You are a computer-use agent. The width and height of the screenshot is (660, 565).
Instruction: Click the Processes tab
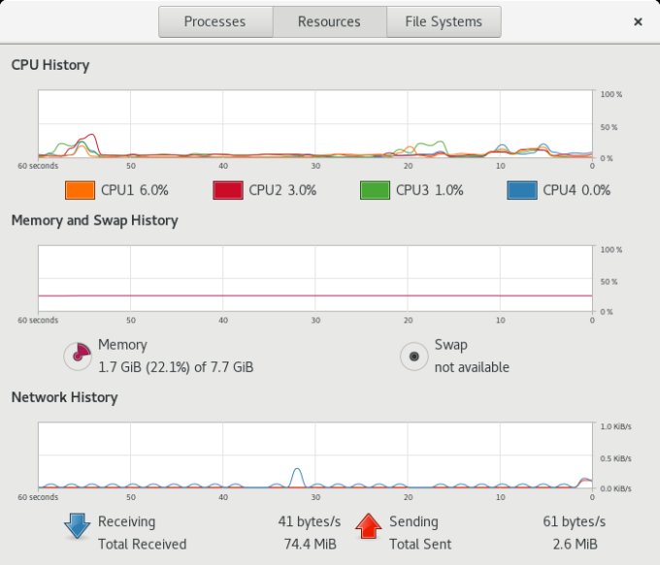point(214,21)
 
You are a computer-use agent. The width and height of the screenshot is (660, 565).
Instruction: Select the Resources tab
point(329,21)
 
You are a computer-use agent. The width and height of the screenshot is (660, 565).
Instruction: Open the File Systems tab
point(444,21)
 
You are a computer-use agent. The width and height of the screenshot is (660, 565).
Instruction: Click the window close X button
point(638,21)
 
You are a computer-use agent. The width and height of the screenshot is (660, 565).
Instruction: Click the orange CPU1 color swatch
point(80,190)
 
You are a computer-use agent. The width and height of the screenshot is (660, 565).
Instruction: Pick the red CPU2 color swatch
point(227,190)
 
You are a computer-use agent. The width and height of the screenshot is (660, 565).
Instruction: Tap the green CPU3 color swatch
point(374,190)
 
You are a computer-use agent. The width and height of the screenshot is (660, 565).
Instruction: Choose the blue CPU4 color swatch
point(521,190)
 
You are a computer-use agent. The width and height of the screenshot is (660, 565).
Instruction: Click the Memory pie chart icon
point(78,356)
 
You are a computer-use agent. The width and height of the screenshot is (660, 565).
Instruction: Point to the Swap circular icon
point(414,356)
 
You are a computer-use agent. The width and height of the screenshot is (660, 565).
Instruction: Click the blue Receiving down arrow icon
point(77,525)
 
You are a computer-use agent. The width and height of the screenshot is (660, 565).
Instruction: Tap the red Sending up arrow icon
point(368,525)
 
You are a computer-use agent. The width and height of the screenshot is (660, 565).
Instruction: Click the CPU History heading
point(50,65)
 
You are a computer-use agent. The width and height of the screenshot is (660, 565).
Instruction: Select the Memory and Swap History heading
point(94,220)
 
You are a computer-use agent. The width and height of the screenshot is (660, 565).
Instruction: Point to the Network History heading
point(64,397)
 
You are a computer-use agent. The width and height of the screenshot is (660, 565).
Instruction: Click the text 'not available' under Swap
point(472,367)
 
